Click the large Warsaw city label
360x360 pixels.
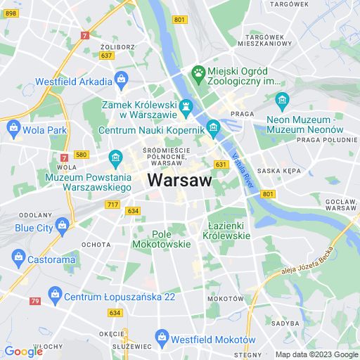tap(179, 180)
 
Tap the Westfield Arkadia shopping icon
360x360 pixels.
tap(121, 79)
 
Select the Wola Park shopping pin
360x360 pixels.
tap(13, 129)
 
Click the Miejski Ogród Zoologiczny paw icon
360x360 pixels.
tap(199, 72)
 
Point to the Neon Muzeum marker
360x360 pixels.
tap(282, 99)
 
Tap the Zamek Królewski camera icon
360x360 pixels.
tap(186, 108)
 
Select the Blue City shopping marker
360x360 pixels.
tap(63, 226)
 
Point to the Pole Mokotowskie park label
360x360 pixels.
tap(172, 238)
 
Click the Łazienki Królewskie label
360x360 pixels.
tap(229, 230)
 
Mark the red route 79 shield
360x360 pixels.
tap(34, 301)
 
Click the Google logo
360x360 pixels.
tap(23, 351)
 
